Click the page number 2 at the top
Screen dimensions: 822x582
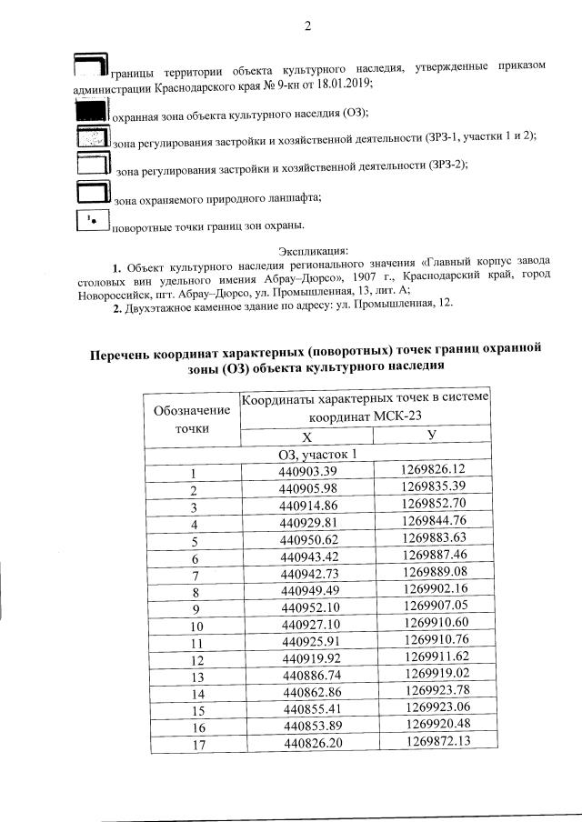(307, 25)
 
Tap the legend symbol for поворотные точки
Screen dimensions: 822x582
(90, 221)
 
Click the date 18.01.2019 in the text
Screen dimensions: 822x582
(344, 83)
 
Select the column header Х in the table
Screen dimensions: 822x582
(306, 436)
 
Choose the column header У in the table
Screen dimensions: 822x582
(433, 436)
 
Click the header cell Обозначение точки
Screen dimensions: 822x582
(193, 419)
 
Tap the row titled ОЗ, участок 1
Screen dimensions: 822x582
(316, 453)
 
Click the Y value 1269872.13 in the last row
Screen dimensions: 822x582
(434, 742)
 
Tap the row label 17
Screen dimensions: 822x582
(194, 745)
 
